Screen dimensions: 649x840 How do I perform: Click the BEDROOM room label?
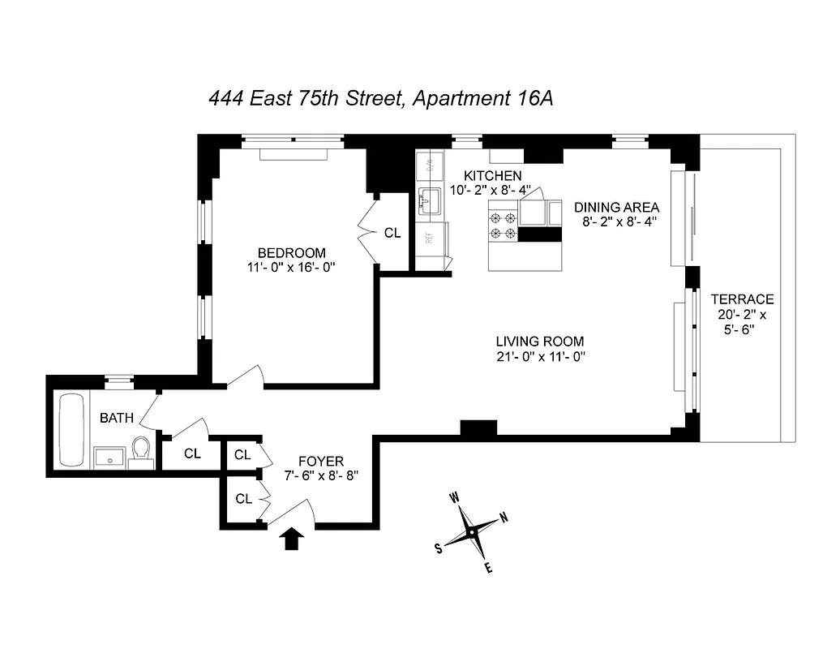(x=292, y=252)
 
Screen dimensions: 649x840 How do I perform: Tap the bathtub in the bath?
(x=71, y=430)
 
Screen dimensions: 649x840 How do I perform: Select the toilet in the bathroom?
(x=141, y=451)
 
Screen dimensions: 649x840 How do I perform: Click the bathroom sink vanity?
(x=108, y=457)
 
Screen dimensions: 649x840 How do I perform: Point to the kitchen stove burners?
(x=502, y=225)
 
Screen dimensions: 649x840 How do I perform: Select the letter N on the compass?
(x=504, y=518)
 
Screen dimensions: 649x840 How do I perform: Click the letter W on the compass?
(x=456, y=498)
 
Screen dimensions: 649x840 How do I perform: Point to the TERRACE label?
(x=741, y=299)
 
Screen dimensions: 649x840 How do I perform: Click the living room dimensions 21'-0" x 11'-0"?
(x=540, y=356)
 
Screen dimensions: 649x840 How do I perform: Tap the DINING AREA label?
(x=616, y=206)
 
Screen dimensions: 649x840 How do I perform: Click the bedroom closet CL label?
(x=392, y=233)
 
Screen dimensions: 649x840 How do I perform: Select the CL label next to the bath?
(x=192, y=453)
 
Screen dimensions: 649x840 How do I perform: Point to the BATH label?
(x=117, y=419)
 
